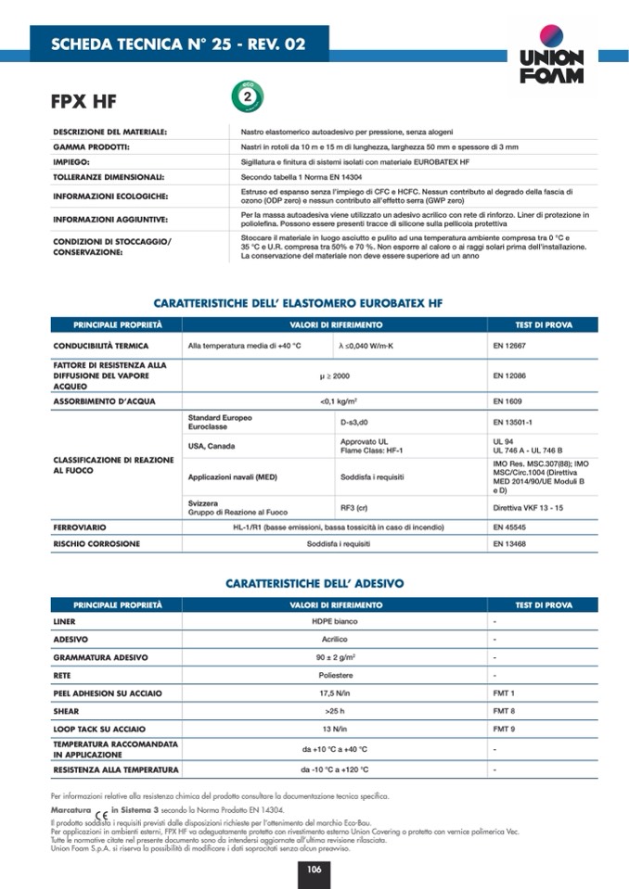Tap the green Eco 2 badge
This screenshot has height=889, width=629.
(247, 95)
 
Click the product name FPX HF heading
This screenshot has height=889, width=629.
(84, 101)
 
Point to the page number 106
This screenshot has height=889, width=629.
(314, 869)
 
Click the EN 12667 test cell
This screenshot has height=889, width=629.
(509, 346)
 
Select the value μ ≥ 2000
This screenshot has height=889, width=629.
(334, 376)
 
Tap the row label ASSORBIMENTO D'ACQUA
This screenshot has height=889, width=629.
(104, 401)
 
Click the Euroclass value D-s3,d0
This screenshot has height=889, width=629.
(357, 422)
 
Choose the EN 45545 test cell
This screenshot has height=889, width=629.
(509, 527)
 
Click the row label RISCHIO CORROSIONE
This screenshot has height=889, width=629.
(96, 544)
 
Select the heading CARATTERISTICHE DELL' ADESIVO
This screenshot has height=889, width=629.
(314, 583)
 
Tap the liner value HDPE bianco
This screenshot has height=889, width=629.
(334, 621)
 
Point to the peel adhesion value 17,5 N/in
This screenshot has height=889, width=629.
(334, 692)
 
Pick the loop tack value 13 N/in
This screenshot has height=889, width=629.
(334, 729)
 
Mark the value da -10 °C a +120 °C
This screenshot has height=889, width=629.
(334, 769)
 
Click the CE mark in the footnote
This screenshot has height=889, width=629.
(101, 815)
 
